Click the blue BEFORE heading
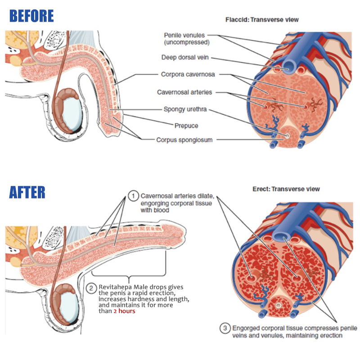[31, 16]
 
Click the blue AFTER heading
[27, 192]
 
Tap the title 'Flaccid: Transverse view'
[261, 20]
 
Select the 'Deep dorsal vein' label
[185, 58]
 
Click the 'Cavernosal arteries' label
[184, 92]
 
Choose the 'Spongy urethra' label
[185, 109]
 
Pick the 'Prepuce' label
[186, 126]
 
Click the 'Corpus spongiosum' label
[184, 139]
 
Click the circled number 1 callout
[133, 196]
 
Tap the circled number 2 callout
[91, 288]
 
